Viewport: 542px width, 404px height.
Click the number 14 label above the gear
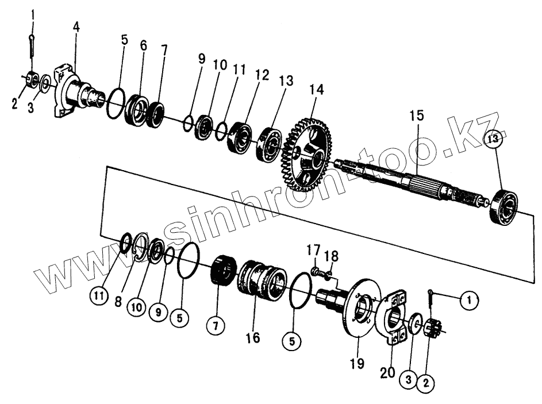point(316,90)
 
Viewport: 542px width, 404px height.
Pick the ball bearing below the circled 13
point(503,206)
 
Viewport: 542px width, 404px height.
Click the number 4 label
point(76,26)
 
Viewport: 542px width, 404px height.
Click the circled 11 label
point(100,297)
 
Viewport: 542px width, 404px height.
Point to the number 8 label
point(118,301)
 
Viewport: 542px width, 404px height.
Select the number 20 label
point(387,372)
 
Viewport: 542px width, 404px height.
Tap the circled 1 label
point(469,298)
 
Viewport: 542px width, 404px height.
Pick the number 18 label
point(332,255)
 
